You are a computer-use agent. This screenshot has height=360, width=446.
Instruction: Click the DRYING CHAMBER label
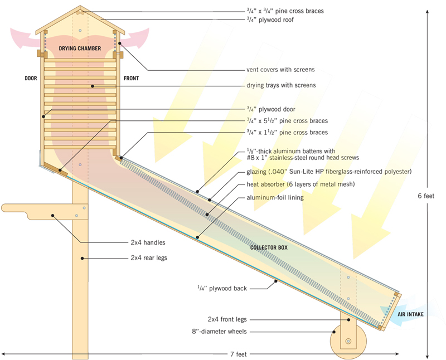80,49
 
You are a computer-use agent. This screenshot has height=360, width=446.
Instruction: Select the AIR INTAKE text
412,315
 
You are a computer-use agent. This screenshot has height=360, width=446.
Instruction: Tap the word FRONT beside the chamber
131,79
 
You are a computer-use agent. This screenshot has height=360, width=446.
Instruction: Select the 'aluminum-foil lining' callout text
273,197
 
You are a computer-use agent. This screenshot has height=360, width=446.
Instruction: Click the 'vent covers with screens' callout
280,70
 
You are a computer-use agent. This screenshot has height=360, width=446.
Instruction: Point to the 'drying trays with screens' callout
281,85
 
